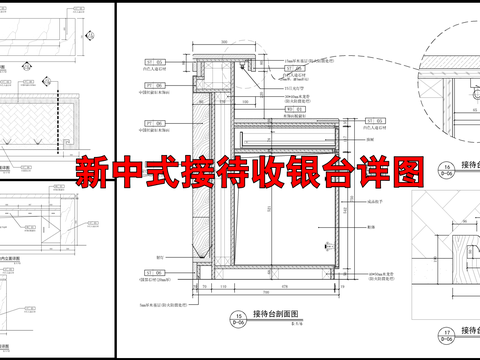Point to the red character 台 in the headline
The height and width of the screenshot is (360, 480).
[x=353, y=172]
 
